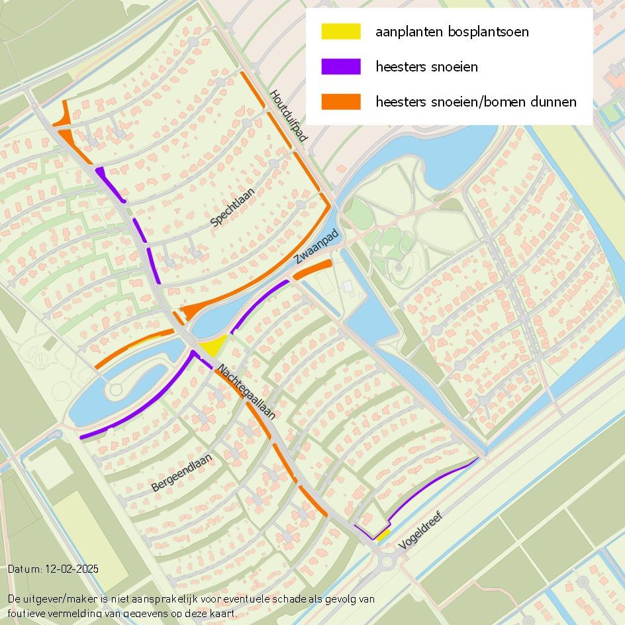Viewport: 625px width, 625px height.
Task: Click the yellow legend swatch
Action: pos(341,31)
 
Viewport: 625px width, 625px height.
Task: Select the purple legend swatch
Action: pos(341,66)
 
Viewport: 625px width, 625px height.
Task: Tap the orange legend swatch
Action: pos(341,102)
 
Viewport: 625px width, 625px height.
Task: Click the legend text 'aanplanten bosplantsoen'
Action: pos(452,32)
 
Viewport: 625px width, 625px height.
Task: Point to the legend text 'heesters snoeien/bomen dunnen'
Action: pos(475,102)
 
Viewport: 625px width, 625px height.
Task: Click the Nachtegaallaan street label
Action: pos(246,392)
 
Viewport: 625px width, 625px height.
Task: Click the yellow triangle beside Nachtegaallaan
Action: pos(213,346)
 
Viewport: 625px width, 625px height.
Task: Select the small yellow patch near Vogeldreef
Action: pos(382,534)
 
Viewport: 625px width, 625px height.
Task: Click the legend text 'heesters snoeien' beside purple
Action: pos(426,67)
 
